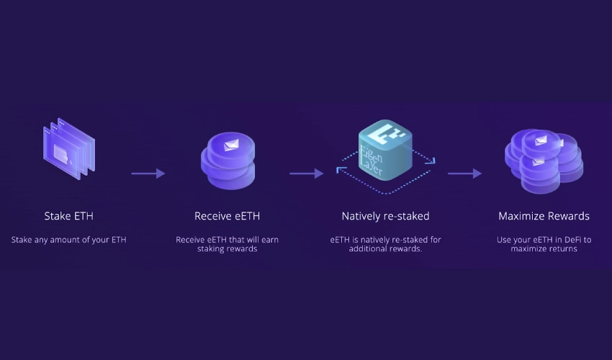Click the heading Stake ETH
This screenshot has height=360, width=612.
68,216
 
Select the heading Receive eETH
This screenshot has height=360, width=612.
227,216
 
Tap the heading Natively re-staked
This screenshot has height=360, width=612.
385,216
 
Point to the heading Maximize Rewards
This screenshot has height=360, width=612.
544,216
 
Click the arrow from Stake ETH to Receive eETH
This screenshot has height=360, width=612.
148,174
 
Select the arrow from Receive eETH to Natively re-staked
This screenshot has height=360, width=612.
306,174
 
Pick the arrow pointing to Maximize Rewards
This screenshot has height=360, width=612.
464,174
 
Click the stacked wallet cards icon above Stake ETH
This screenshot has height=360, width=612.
69,147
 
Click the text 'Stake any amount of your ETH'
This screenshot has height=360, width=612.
68,240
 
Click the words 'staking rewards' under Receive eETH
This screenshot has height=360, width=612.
227,249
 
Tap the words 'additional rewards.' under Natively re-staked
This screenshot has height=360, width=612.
385,249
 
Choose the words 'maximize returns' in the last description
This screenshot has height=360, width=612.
544,249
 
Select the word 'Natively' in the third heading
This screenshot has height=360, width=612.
362,216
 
